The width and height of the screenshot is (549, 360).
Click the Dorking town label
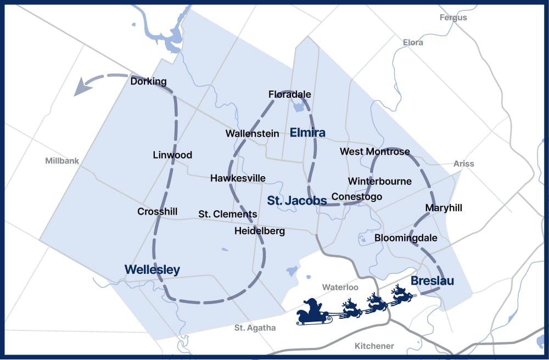(x=148, y=82)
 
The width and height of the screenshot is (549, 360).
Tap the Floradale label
(x=289, y=94)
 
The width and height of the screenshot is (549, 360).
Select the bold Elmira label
(x=307, y=133)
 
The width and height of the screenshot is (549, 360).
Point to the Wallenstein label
(x=252, y=133)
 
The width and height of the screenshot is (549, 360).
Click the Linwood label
(x=172, y=155)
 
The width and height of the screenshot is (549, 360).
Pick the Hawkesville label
(x=238, y=178)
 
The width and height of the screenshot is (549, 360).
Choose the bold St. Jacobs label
(x=296, y=200)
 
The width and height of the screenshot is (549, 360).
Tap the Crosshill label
(x=157, y=211)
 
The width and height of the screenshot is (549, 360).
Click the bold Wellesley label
(x=152, y=269)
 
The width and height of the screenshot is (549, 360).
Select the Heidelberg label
(x=259, y=231)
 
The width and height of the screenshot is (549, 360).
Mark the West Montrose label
(x=375, y=151)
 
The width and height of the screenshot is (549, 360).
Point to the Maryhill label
(x=444, y=208)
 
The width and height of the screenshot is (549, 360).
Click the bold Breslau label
(x=433, y=281)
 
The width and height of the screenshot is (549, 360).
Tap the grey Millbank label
(x=62, y=161)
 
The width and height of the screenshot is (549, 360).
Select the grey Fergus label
(x=453, y=18)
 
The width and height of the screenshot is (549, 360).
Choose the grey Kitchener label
(x=374, y=346)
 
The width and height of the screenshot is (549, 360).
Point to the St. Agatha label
(x=255, y=328)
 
